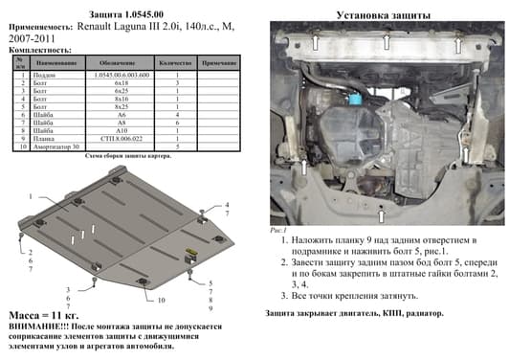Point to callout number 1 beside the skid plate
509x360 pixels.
pyautogui.click(x=30, y=196)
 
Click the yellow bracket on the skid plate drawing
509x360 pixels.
pyautogui.click(x=193, y=253)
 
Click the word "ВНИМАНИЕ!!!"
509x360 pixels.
pyautogui.click(x=38, y=326)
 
